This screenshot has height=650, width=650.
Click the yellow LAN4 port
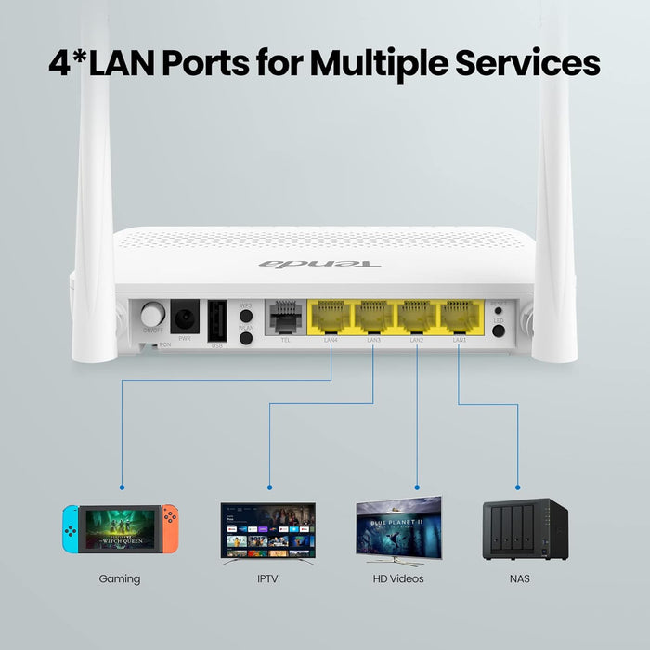pos(330,317)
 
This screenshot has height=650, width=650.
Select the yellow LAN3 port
pos(373,317)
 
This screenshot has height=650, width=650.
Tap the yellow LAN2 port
pos(417,317)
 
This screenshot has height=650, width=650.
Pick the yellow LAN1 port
pos(460,317)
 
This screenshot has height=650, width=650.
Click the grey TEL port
pos(285,318)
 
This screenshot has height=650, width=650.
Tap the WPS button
pos(247,318)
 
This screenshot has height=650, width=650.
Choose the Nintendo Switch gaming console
pos(120,528)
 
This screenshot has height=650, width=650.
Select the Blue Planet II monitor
pos(398,529)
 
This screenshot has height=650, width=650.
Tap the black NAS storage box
pos(525,528)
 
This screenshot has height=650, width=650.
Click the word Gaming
pos(120,578)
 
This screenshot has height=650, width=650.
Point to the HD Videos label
pos(398,578)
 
